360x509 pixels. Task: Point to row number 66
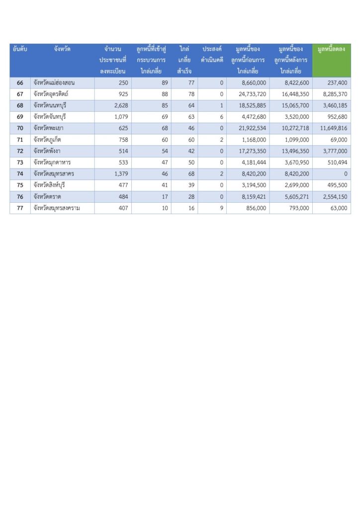tap(20, 83)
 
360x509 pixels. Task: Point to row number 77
tap(20, 208)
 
